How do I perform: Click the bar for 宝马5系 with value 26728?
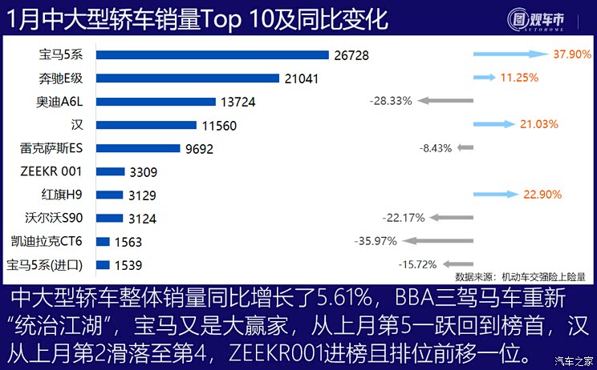tap(212, 54)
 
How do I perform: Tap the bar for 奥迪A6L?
tap(156, 101)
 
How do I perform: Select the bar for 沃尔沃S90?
tap(109, 218)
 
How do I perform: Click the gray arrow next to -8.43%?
tap(465, 148)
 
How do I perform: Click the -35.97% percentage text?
tap(376, 241)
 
